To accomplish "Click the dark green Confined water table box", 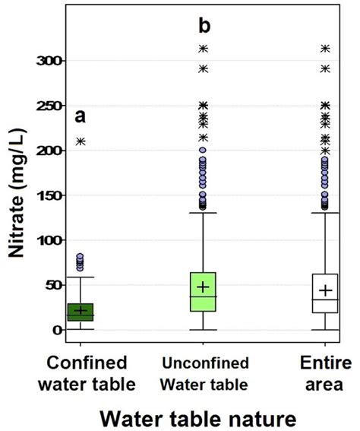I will [81, 312].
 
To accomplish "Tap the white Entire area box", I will [325, 293].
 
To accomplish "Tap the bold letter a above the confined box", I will [80, 117].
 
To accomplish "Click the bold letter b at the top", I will [204, 27].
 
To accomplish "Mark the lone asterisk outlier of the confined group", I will [81, 141].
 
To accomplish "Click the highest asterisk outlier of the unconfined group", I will [203, 49].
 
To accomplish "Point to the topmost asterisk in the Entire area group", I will [325, 49].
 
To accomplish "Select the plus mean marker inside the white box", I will [325, 290].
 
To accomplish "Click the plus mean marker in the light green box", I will [203, 287].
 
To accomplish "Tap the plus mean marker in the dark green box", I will [81, 310].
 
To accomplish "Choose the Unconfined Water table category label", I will [203, 373].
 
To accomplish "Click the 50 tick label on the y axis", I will [52, 285].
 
